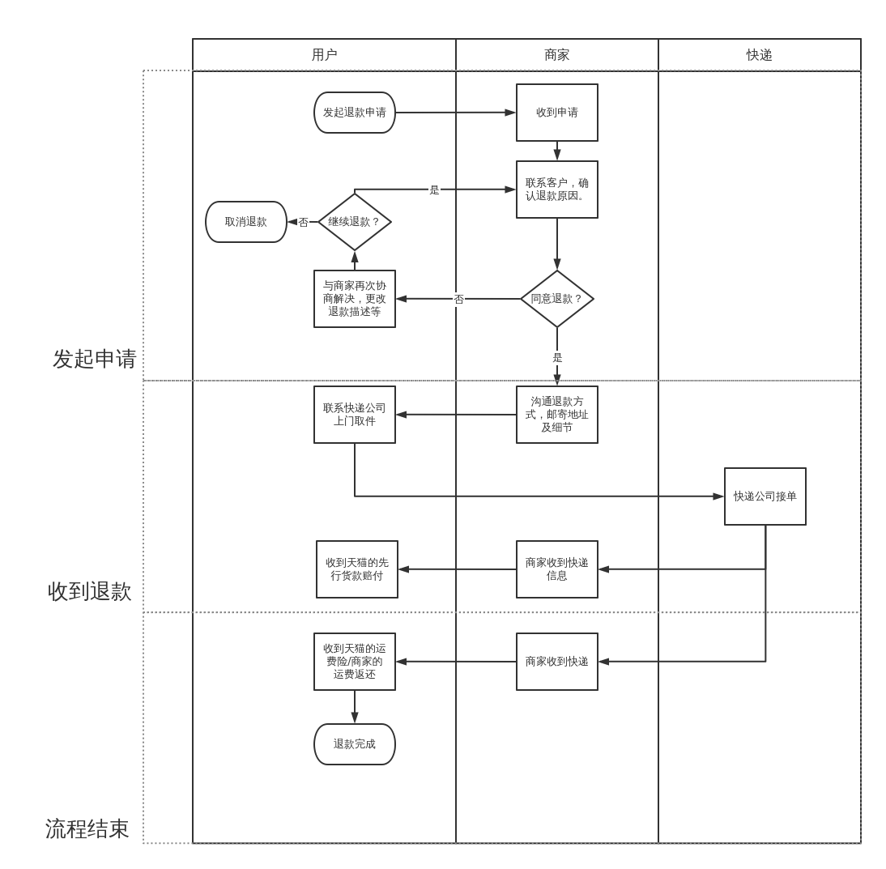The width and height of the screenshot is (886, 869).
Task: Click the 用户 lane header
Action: click(324, 55)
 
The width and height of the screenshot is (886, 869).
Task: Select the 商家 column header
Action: click(556, 55)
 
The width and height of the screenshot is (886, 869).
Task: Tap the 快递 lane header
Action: click(759, 55)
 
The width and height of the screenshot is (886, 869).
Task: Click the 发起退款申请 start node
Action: click(355, 113)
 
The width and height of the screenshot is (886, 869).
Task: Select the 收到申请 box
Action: click(557, 113)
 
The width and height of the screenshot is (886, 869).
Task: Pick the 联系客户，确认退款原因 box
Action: click(557, 190)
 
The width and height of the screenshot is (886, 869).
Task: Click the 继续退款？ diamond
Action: click(355, 222)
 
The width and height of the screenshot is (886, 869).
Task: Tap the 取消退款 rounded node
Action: click(246, 222)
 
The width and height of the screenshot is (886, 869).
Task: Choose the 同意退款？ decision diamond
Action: click(557, 299)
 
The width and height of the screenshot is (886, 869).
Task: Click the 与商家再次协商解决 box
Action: click(355, 299)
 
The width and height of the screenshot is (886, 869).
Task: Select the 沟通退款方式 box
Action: click(557, 415)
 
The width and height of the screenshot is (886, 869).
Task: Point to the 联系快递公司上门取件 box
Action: click(355, 415)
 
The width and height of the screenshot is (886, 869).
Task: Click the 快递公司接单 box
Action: click(765, 496)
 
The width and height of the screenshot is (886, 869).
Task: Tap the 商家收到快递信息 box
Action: click(557, 569)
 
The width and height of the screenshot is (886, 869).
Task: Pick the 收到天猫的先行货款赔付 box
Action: click(357, 569)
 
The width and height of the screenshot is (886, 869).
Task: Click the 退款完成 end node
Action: click(355, 744)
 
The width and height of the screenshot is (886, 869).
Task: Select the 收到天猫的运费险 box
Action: click(355, 662)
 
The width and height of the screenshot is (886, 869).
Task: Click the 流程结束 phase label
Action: click(87, 829)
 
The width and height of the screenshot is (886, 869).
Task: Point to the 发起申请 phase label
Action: click(95, 359)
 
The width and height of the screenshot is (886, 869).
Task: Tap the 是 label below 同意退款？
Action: click(557, 358)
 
